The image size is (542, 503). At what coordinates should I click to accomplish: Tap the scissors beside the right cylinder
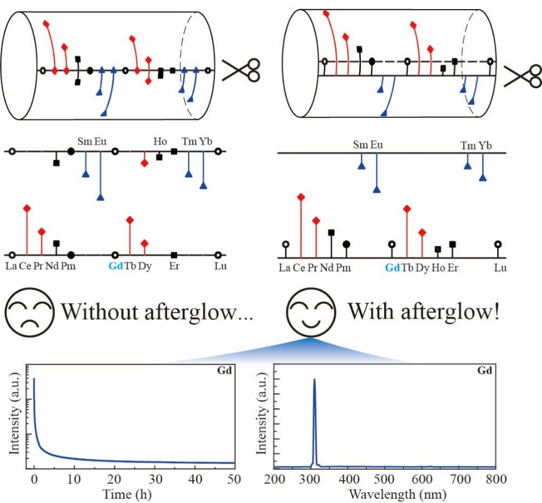point(523,76)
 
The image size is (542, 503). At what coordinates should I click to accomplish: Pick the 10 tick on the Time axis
point(74,479)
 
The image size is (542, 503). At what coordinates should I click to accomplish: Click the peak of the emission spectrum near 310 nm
point(315,380)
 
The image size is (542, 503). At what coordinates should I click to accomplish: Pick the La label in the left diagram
point(11,266)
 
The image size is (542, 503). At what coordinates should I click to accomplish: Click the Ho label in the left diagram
point(160,142)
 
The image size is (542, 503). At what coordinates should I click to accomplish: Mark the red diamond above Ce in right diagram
point(301,197)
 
